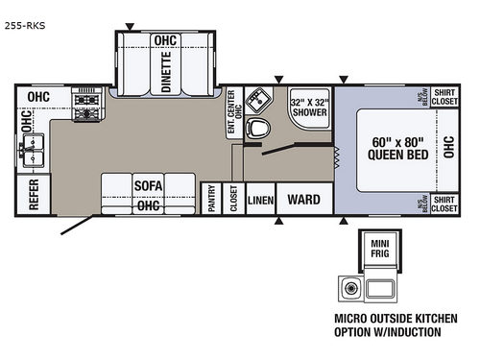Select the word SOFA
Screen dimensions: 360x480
click(148, 186)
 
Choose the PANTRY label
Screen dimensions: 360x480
click(212, 198)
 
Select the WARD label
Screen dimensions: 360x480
click(305, 199)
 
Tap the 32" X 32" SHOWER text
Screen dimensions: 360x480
click(309, 107)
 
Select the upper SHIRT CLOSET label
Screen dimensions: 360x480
click(444, 97)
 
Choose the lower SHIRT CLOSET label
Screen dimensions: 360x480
click(444, 204)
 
